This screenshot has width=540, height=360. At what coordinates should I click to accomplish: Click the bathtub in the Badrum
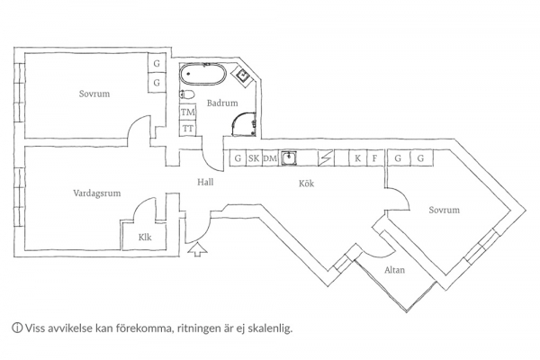point(202,74)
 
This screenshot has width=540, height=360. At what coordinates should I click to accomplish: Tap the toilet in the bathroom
point(187,94)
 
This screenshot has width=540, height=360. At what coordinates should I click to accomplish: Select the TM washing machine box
point(188,112)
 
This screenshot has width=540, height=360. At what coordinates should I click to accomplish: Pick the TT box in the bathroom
point(188,129)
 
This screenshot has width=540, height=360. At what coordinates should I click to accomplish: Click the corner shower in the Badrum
point(244,124)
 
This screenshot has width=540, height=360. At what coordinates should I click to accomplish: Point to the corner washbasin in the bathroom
point(244,75)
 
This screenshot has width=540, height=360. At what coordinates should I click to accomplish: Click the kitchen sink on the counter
point(289,158)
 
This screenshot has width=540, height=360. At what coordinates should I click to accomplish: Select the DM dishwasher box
point(270,158)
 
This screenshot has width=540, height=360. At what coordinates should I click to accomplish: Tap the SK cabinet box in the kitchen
point(254,158)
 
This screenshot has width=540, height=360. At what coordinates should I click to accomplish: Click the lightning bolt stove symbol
point(326,158)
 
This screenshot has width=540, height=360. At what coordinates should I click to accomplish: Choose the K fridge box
point(358,158)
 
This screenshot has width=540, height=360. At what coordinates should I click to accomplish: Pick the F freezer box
point(374,158)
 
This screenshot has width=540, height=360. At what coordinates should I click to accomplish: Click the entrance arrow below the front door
point(198,249)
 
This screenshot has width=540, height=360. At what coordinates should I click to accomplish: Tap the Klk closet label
point(145,238)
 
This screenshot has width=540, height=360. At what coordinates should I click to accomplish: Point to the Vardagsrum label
point(97,193)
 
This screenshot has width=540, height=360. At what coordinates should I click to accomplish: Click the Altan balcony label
point(395,270)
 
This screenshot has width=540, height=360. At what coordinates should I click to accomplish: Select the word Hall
point(205,182)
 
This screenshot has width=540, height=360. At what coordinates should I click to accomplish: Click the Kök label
point(307,184)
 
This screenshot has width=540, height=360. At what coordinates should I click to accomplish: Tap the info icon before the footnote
point(17,328)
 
